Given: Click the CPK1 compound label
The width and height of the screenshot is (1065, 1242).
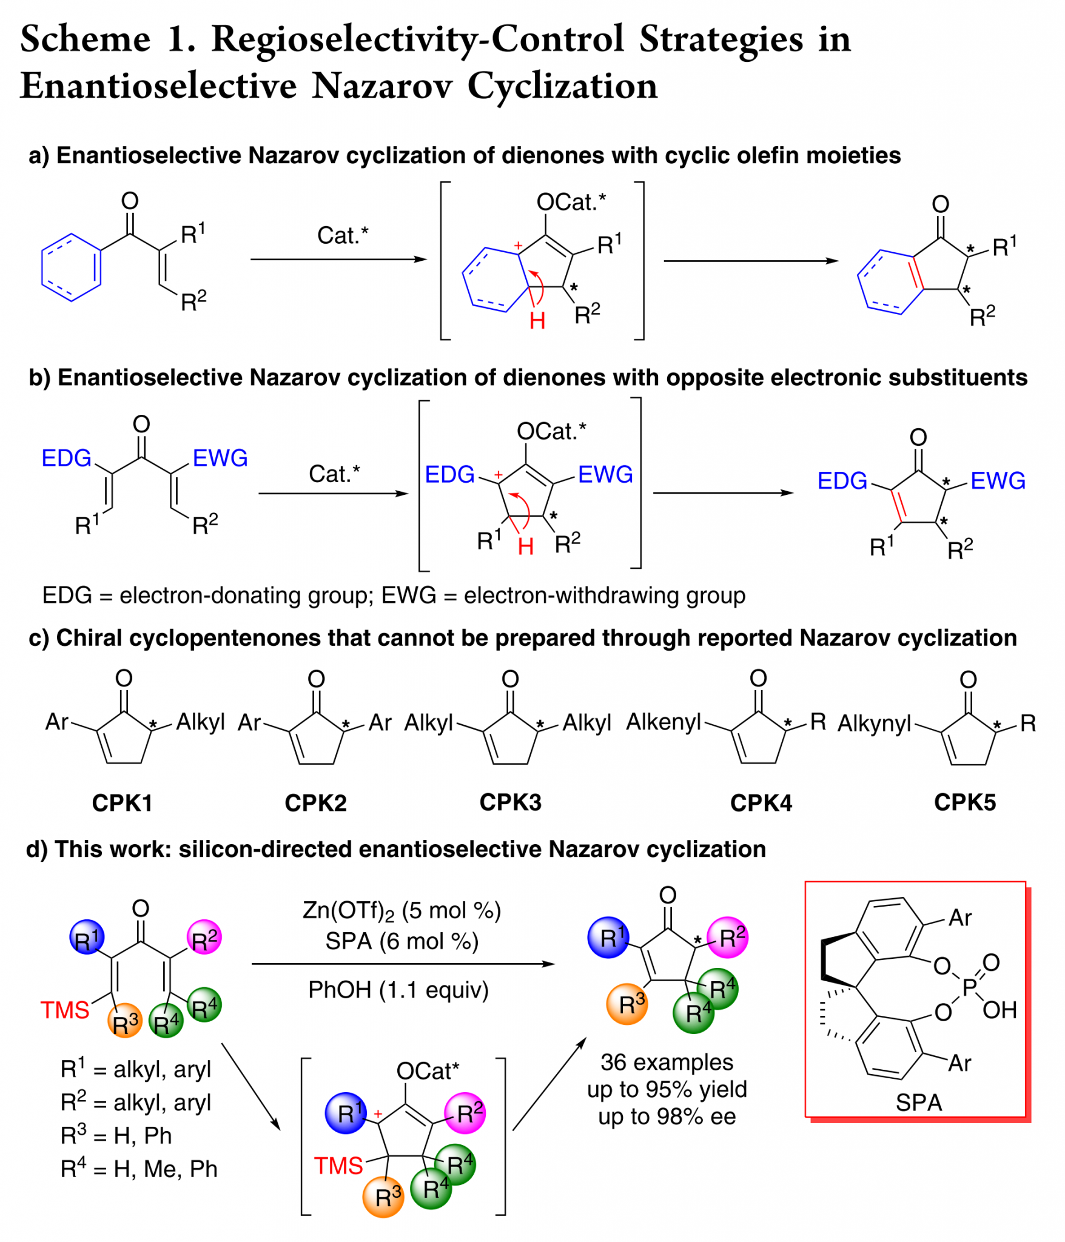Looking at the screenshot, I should click(122, 803).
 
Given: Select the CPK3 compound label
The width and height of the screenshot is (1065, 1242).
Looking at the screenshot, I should click(510, 802).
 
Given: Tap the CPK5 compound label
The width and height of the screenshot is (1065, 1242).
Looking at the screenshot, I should click(964, 802).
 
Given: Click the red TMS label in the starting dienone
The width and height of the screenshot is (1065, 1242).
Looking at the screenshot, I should click(64, 1010).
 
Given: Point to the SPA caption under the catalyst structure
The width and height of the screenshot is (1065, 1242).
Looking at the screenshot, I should click(918, 1102).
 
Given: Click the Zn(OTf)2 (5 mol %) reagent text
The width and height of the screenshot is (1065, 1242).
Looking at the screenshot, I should click(401, 911).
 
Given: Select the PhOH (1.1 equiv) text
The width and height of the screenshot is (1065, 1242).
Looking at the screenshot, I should click(398, 990).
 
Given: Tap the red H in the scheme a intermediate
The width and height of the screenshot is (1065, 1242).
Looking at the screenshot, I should click(537, 320).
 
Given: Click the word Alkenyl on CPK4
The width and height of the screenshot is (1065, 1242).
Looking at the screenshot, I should click(663, 722).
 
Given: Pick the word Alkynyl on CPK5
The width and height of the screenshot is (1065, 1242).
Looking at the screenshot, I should click(874, 723).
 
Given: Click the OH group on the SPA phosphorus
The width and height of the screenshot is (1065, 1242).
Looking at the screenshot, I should click(999, 1010).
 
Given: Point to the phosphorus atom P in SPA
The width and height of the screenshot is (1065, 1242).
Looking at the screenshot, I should click(969, 987).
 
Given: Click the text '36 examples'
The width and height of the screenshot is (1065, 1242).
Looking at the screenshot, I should click(667, 1062).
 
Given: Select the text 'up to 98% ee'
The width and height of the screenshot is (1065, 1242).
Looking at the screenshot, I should click(667, 1116).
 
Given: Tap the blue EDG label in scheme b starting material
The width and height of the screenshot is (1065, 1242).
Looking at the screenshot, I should click(66, 458).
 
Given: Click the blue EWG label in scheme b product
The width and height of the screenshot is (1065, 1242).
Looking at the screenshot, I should click(998, 481).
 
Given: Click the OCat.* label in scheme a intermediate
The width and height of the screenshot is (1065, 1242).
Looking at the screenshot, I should click(571, 202).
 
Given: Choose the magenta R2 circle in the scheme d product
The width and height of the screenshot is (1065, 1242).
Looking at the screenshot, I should click(728, 938).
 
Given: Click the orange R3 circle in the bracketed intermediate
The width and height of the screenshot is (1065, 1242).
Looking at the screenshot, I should click(383, 1197).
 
